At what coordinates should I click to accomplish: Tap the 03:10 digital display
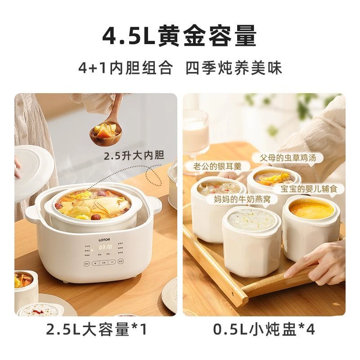coord(105,247)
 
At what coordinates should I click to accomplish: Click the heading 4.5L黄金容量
coord(180,36)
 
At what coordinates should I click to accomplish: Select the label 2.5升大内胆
coord(134,156)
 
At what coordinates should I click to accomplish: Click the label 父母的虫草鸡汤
coord(288,158)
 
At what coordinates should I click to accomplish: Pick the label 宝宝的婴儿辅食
coord(309,189)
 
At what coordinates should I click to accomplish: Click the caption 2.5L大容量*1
coord(97,330)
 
